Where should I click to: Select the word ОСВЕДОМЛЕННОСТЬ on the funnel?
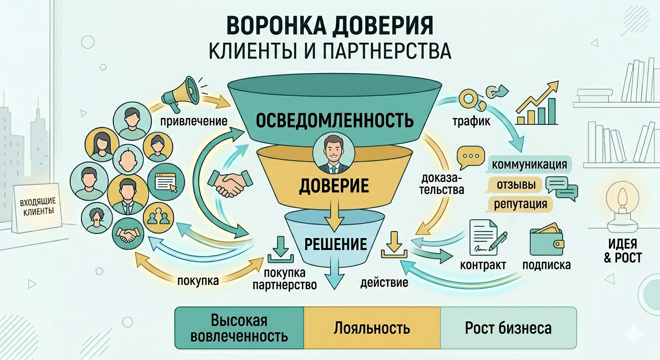click(x=335, y=120)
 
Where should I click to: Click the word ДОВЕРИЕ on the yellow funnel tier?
click(x=334, y=186)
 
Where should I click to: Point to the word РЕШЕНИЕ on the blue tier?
click(x=335, y=244)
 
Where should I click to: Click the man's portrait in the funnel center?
click(x=333, y=153)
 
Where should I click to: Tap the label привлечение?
click(x=194, y=121)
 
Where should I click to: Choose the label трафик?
click(x=471, y=122)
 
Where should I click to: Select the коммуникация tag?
click(x=529, y=165)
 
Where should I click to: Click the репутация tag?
click(x=520, y=204)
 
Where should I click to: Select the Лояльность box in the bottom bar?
click(x=372, y=328)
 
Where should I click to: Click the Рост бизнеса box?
click(x=508, y=328)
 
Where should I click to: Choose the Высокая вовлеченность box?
click(x=240, y=328)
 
